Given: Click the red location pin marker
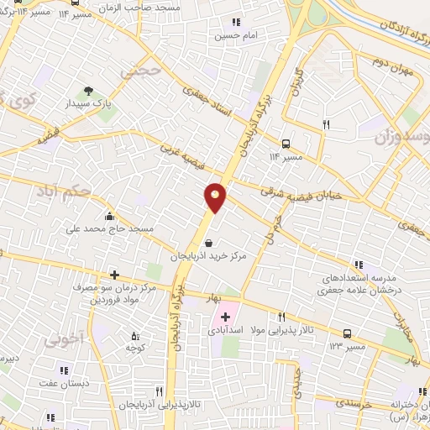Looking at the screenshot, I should pyautogui.click(x=215, y=197).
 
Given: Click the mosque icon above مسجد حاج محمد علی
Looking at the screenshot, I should pyautogui.click(x=109, y=215).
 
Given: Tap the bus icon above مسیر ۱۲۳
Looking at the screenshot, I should pyautogui.click(x=348, y=333).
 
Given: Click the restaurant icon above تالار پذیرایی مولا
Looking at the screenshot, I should pyautogui.click(x=281, y=317).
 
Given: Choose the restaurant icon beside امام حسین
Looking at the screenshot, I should pyautogui.click(x=235, y=23).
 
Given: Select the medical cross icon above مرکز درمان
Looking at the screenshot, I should pyautogui.click(x=114, y=275).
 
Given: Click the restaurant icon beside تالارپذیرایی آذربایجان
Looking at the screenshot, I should pyautogui.click(x=159, y=391).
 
